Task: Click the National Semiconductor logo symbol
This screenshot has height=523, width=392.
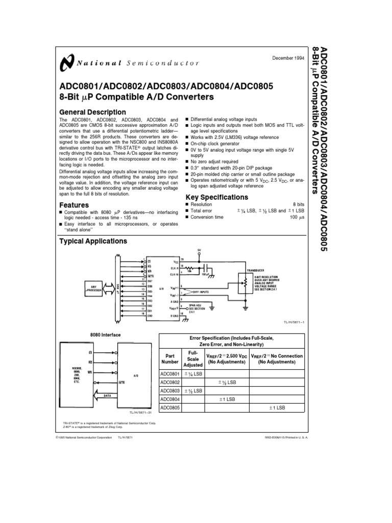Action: (66, 64)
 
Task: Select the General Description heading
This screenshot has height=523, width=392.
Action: (92, 112)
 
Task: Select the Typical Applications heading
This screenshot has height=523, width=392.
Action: (93, 241)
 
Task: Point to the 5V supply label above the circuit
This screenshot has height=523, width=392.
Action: (200, 250)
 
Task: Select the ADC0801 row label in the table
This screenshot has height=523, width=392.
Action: (170, 373)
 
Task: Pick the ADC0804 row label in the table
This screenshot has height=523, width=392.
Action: (170, 399)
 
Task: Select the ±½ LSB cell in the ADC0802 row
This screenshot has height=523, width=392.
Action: (227, 382)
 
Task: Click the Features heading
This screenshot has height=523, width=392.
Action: (75, 205)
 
